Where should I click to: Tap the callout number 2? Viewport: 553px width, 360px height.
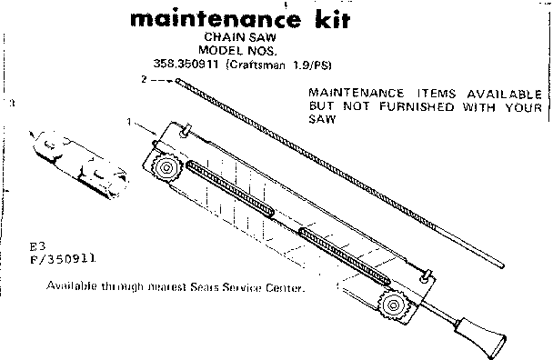click(x=144, y=81)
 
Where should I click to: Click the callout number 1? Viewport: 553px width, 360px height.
click(x=129, y=122)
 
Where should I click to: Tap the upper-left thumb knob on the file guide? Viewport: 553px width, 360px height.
click(x=167, y=170)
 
